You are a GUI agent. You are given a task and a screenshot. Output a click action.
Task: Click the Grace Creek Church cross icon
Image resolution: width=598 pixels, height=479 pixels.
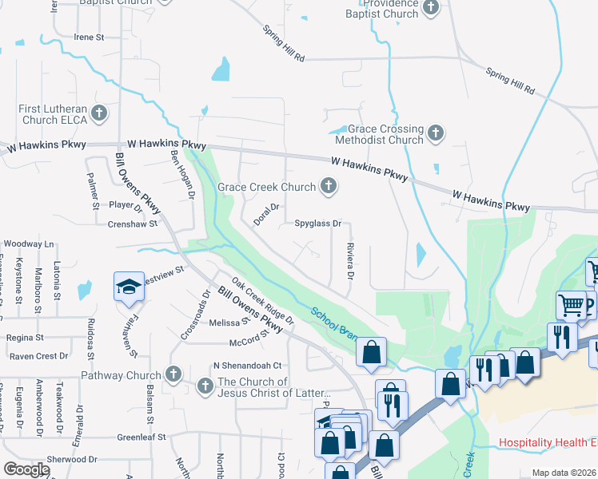[328, 187]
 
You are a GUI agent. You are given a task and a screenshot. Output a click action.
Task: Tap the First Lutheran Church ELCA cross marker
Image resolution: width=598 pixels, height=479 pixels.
[99, 113]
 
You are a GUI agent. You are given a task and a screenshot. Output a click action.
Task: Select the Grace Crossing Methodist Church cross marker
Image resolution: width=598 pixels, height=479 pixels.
[436, 133]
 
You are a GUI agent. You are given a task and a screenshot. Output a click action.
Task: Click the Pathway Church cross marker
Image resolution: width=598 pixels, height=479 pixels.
[173, 374]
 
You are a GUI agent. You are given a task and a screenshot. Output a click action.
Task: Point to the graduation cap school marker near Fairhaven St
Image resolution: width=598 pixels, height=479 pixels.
[128, 286]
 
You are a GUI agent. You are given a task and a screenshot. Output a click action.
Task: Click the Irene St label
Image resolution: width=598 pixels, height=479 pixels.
[89, 38]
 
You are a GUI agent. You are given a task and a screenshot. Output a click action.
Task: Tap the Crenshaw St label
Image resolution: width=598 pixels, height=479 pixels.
[130, 224]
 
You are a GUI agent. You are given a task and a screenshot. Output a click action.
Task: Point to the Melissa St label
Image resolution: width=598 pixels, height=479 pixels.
[225, 323]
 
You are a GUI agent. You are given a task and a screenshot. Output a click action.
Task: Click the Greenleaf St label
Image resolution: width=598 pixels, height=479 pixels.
[141, 437]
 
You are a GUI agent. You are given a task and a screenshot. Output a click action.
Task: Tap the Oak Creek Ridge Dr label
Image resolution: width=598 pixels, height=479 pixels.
[262, 300]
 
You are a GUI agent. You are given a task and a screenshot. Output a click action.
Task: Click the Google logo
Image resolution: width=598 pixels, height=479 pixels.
[27, 469]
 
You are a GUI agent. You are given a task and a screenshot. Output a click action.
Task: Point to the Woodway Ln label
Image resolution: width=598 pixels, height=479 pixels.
[28, 243]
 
